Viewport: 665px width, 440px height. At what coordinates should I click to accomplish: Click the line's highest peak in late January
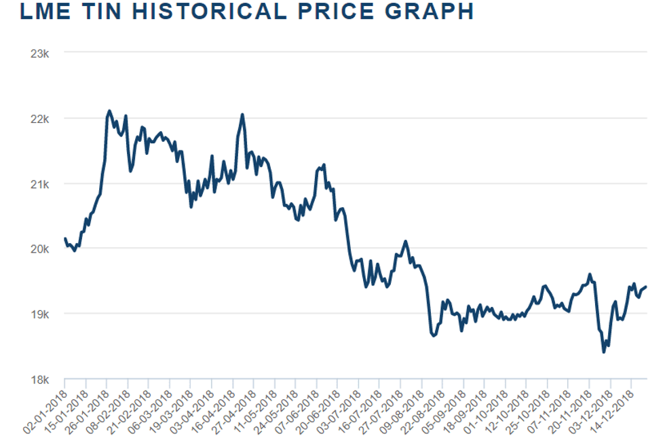tap(109, 111)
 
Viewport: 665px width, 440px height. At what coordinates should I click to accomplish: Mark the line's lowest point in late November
tap(604, 352)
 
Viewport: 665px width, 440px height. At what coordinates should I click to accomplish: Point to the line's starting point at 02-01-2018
tap(64, 238)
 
